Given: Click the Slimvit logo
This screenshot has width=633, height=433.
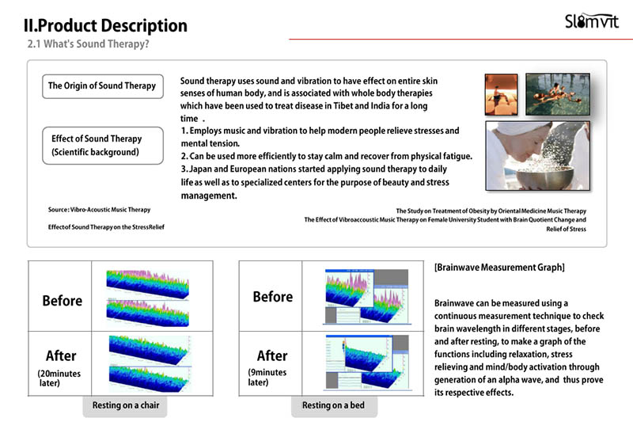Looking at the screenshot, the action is tap(591, 21).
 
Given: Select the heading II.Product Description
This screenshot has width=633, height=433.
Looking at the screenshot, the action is tap(105, 25).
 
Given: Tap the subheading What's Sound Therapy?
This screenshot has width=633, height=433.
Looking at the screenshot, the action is tap(96, 44).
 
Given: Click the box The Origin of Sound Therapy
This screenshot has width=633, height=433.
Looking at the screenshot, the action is tap(103, 86).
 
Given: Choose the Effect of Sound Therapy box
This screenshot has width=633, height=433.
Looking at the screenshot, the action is tap(103, 146).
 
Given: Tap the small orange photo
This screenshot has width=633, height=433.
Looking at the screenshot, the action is tap(501, 94).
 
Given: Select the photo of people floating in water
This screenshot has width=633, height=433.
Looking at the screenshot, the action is tap(558, 94).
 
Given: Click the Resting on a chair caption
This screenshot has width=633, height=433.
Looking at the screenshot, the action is tap(126, 405).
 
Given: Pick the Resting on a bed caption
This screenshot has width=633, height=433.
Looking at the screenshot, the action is tap(333, 405).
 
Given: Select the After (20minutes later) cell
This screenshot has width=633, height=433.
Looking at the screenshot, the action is tap(60, 363).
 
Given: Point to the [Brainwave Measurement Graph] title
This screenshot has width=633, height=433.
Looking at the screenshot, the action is tap(499, 268).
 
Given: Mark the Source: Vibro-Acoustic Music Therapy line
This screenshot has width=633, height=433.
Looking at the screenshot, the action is tap(100, 210).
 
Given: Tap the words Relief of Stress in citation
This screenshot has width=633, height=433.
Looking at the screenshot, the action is tap(566, 229).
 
